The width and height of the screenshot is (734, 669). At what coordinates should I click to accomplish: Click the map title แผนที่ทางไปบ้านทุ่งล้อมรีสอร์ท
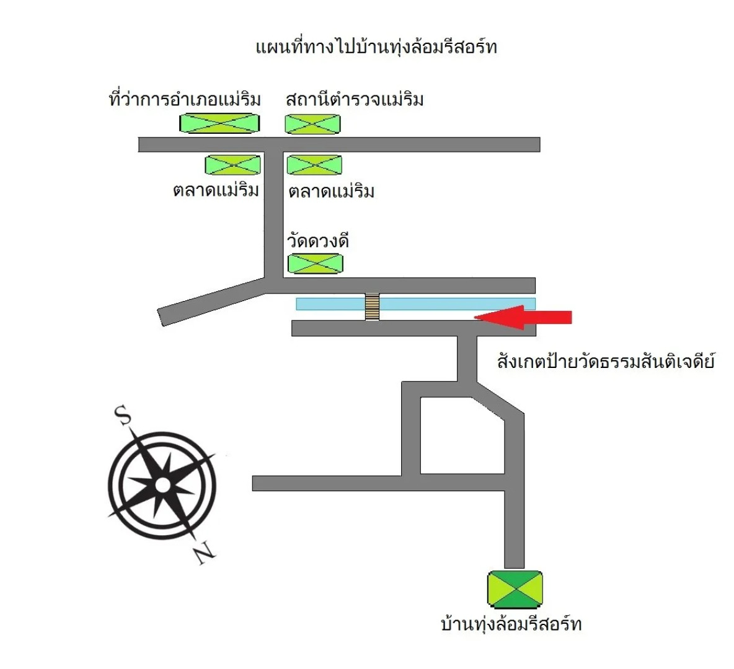pos(376,47)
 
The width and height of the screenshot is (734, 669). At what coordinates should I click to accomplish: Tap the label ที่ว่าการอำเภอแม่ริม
pos(185,99)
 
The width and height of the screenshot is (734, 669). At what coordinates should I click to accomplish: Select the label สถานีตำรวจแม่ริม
pos(355,99)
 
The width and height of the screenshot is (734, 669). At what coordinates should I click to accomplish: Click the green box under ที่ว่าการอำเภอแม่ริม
pos(219,123)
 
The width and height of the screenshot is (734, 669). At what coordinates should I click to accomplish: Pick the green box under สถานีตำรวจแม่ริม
pos(312,124)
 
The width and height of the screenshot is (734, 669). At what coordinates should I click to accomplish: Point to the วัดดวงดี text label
pos(318,240)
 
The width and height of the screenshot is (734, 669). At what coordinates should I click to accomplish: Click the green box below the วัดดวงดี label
pos(315,264)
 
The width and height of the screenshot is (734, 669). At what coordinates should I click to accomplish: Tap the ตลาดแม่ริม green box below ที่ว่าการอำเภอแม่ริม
pos(232,165)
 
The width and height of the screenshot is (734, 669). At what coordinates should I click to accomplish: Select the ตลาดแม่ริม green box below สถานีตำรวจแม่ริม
pos(314,165)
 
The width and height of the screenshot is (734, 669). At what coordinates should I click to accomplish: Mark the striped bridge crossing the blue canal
pos(372,306)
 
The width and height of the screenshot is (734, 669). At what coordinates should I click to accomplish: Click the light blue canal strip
pos(446,304)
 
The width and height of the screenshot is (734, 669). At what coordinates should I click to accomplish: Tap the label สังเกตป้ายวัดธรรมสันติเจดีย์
pos(606,361)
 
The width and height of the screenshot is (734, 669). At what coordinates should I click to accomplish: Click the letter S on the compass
pos(123,415)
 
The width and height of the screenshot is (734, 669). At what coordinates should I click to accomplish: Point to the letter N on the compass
pos(203,553)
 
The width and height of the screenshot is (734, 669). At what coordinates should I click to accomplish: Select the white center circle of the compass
pos(162,485)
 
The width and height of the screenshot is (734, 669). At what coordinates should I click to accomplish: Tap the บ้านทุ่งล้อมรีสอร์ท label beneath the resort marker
pos(511,624)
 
